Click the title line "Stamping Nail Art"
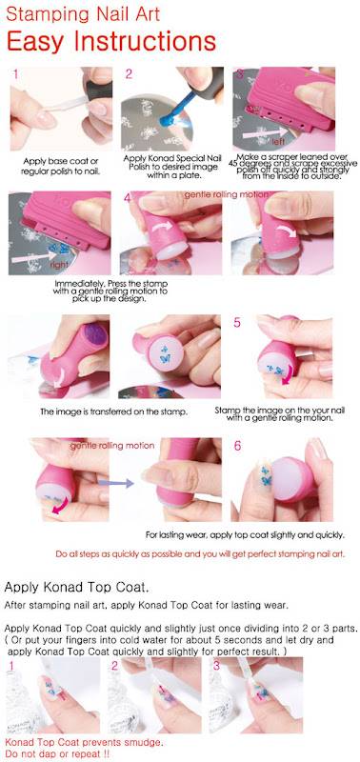(83, 14)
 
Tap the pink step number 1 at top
(16, 74)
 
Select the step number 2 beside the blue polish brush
(129, 74)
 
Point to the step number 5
(237, 322)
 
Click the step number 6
(237, 446)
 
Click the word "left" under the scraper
(278, 143)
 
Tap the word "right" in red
(58, 265)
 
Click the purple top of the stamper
(95, 336)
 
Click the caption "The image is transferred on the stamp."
(114, 412)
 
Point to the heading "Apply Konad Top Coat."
(76, 587)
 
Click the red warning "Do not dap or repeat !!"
(57, 753)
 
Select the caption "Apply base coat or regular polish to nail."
(61, 166)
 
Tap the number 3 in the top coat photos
(217, 665)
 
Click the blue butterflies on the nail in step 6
(266, 475)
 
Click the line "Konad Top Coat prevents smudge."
(84, 743)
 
